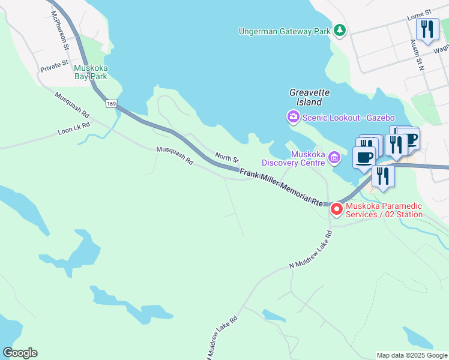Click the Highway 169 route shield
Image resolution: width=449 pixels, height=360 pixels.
[110, 104]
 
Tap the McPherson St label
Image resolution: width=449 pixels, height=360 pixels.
[60, 29]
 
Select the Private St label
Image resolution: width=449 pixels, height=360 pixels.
[55, 67]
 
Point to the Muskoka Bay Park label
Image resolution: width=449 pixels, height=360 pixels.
[91, 72]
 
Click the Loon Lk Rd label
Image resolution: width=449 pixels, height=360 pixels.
[74, 127]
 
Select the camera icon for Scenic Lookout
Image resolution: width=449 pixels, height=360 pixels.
[294, 117]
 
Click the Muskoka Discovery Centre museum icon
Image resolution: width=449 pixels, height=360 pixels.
[334, 158]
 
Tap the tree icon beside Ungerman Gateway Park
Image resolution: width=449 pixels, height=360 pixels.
[340, 30]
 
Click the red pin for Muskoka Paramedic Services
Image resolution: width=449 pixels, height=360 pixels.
[337, 208]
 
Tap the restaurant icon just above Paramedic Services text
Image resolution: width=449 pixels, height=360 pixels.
[383, 176]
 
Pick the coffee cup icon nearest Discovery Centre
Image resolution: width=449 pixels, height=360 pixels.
[364, 158]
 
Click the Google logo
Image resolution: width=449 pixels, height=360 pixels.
[20, 353]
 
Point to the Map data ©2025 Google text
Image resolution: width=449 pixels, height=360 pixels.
[412, 355]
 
